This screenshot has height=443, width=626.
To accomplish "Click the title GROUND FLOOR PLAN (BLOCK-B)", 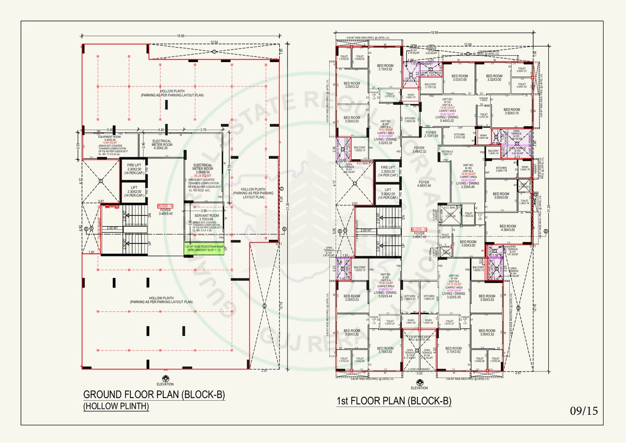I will pyautogui.click(x=154, y=395).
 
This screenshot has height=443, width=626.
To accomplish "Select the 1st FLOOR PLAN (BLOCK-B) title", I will pyautogui.click(x=394, y=401).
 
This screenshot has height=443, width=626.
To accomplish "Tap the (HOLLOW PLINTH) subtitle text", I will pyautogui.click(x=116, y=406).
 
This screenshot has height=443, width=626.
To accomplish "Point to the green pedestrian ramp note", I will pyautogui.click(x=203, y=249).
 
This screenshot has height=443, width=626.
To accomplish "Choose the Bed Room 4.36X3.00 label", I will pyautogui.click(x=508, y=228).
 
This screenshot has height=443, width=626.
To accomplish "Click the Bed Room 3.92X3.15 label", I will pyautogui.click(x=511, y=111).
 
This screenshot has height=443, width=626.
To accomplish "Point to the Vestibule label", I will pyautogui.click(x=447, y=153).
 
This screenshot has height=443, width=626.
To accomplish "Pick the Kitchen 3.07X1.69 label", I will pyautogui.click(x=459, y=136).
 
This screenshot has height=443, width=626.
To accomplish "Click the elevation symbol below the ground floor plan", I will pyautogui.click(x=165, y=380).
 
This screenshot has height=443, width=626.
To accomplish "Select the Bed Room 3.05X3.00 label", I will pyautogui.click(x=464, y=243).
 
